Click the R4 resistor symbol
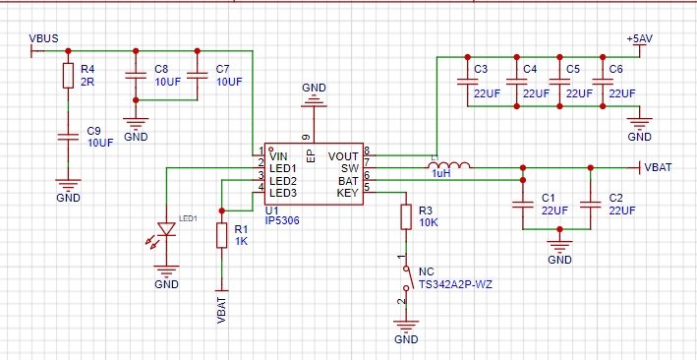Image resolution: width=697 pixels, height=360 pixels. (x=68, y=75)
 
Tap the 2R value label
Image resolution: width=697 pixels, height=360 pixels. (x=87, y=82)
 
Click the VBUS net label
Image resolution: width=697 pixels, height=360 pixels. (x=43, y=38)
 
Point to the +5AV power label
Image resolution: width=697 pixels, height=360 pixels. (x=639, y=38)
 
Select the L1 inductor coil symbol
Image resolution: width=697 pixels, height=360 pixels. (x=449, y=165)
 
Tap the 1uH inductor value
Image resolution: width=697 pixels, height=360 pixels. (x=441, y=174)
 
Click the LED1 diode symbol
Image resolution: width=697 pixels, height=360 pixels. (x=166, y=229)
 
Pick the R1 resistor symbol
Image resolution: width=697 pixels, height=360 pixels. (x=222, y=235)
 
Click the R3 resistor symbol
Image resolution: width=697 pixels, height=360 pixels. (x=406, y=216)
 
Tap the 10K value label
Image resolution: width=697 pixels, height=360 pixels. (x=428, y=222)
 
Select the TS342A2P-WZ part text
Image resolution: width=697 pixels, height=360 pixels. (x=455, y=284)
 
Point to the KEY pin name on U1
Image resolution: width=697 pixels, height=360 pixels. (x=348, y=193)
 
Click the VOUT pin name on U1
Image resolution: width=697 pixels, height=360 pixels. (x=343, y=156)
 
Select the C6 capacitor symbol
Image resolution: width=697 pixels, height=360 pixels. (x=603, y=82)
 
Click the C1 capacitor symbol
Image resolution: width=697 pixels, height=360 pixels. (x=523, y=205)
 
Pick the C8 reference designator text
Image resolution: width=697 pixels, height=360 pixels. (x=161, y=69)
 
